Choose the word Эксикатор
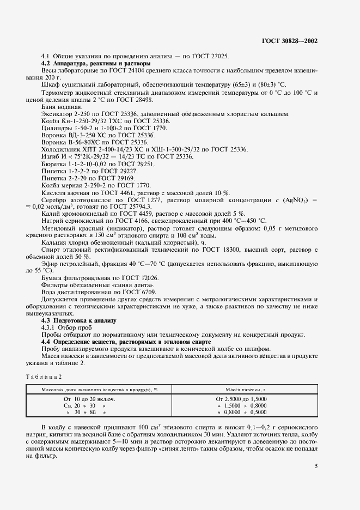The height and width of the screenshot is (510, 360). [56, 114]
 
